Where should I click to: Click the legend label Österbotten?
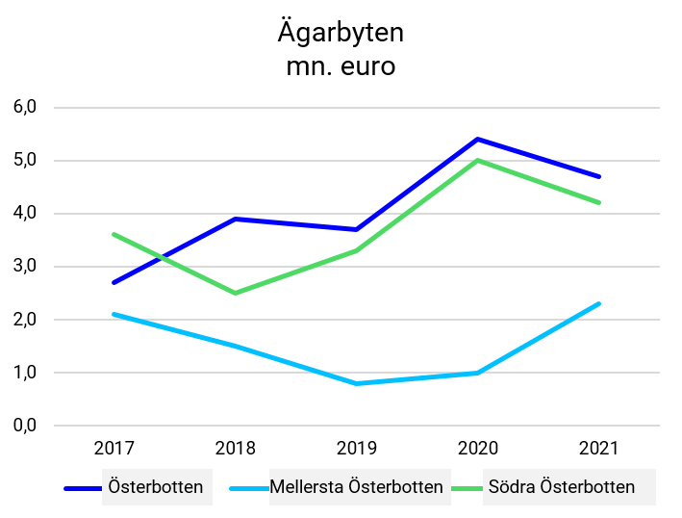[156, 487]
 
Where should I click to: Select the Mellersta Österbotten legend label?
[356, 487]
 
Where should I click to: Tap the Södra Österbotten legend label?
[562, 487]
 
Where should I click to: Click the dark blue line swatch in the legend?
[83, 488]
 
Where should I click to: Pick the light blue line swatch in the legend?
[249, 488]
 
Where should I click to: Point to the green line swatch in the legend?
[467, 488]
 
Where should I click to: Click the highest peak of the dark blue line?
[477, 139]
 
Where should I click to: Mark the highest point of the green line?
[477, 160]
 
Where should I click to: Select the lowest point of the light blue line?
[357, 383]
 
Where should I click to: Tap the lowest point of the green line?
[236, 293]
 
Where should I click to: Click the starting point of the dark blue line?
[114, 282]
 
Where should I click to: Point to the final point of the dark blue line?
[599, 176]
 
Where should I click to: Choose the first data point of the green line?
[114, 234]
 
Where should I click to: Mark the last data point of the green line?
[599, 202]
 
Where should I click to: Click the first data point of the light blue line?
[114, 314]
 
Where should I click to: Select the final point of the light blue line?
[599, 304]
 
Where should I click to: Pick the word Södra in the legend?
[512, 487]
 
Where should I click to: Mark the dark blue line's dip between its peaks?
[357, 229]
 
